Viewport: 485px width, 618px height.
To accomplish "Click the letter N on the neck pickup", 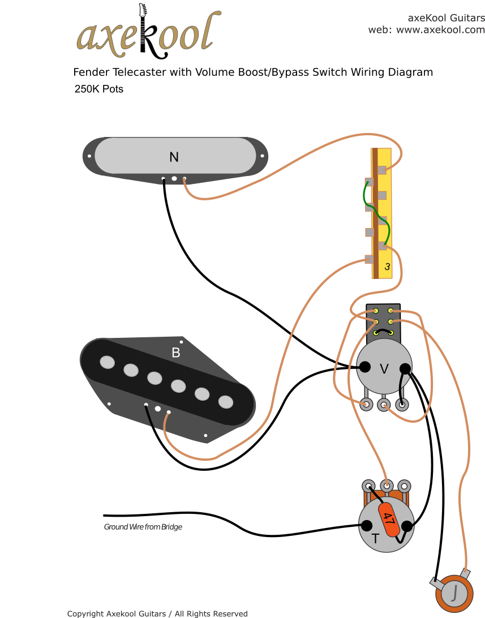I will (174, 157).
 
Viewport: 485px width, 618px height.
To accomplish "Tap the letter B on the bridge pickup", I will (176, 353).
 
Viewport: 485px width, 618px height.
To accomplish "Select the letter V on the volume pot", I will (384, 369).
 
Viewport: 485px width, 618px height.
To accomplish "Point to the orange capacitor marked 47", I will (389, 517).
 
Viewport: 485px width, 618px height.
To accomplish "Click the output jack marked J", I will (454, 593).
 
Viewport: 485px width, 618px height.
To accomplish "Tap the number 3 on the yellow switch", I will (387, 267).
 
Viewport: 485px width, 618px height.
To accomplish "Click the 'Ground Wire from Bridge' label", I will (143, 527).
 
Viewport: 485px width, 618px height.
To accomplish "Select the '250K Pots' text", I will (98, 89).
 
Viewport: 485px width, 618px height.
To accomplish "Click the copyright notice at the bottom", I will (157, 613).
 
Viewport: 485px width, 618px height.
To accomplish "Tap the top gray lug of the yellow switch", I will (382, 170).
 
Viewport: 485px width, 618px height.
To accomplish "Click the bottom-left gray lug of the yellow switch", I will (370, 260).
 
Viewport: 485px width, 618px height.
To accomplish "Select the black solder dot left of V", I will (366, 367).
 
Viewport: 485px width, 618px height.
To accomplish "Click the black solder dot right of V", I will (405, 369).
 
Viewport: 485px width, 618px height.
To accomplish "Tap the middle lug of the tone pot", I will (387, 486).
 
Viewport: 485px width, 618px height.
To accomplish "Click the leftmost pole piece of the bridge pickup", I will (106, 362).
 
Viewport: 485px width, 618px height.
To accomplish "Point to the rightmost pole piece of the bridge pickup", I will (226, 402).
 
